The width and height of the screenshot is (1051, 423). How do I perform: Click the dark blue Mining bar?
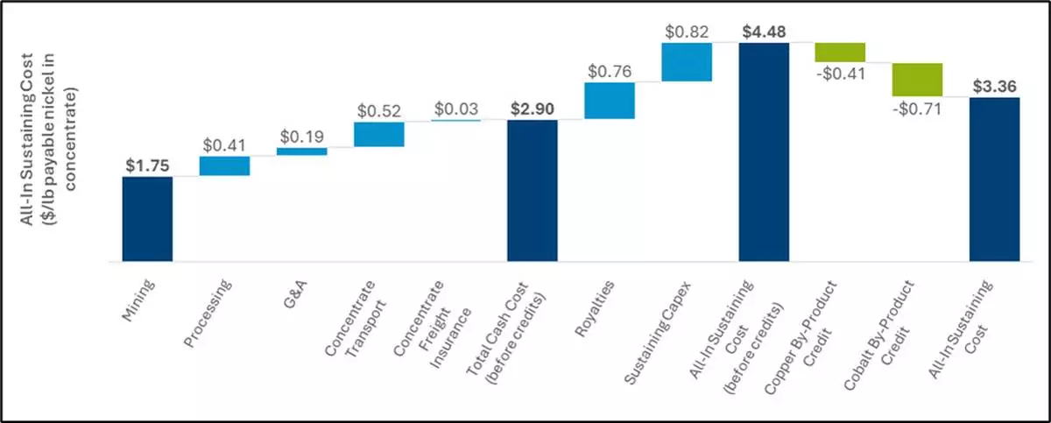pos(147,219)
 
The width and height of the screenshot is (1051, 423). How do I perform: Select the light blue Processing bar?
pos(224,166)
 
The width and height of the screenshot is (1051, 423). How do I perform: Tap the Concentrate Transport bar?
pos(378,134)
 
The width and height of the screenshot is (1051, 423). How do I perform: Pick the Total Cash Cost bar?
pos(533,190)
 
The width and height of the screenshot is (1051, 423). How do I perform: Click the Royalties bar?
pos(610,101)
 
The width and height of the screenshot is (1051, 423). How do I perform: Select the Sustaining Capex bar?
pos(687,62)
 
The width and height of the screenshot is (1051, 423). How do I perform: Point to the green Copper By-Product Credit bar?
pos(840,52)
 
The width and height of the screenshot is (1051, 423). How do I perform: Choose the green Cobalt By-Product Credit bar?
pos(917,80)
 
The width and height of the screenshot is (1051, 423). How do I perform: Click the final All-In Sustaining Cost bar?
pos(994,179)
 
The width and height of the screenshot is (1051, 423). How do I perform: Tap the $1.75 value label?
pos(147,165)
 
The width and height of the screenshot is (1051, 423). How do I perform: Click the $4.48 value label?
pos(764,32)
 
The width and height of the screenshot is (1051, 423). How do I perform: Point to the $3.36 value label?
pos(994,86)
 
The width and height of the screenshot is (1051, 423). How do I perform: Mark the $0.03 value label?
pos(455,109)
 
